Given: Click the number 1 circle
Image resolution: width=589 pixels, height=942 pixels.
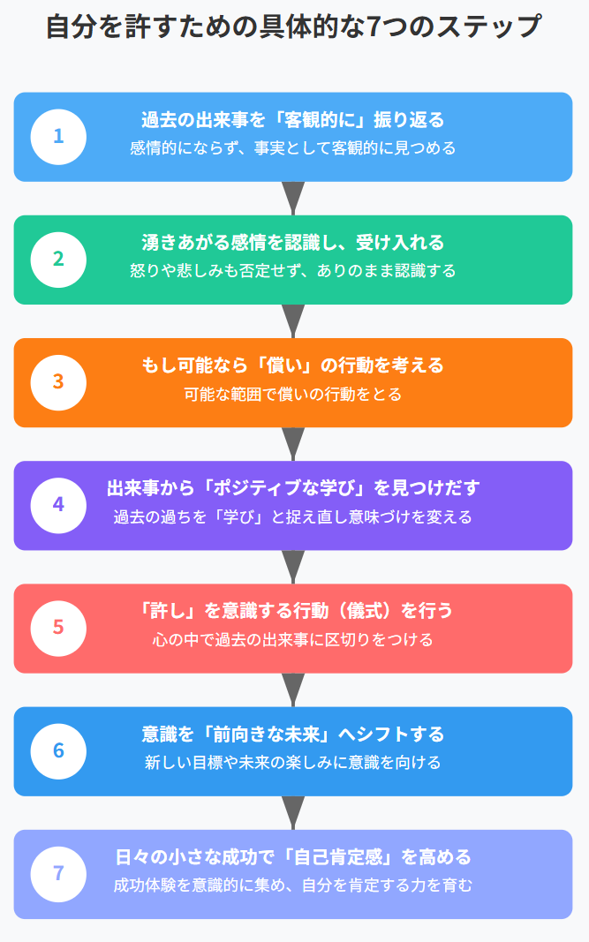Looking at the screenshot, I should point(58,137).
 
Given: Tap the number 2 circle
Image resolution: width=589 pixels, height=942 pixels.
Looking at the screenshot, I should point(58,260).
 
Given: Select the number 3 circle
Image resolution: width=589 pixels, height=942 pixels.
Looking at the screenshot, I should point(58,382).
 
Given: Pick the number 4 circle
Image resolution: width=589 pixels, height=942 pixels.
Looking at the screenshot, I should point(58,505).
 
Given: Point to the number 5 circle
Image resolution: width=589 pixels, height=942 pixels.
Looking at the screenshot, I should point(58,628).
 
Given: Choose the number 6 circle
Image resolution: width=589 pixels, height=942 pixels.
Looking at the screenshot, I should point(58,751).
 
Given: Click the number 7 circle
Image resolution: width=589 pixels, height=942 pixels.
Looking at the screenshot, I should point(58,874).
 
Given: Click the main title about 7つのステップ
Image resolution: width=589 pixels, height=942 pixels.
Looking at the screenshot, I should point(293,26).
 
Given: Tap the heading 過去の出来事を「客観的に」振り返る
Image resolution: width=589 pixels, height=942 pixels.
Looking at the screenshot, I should point(293,120).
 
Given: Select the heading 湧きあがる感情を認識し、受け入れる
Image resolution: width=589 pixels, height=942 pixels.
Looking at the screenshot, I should point(293,243).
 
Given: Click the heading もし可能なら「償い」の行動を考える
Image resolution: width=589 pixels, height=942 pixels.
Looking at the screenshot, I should point(293,365).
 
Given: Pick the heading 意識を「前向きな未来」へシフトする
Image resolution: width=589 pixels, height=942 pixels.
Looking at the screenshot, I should point(293,735).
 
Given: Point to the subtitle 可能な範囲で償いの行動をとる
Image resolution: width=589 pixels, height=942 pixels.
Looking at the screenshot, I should point(293,394).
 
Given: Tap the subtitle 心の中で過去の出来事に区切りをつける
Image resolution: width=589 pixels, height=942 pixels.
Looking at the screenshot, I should point(293,639).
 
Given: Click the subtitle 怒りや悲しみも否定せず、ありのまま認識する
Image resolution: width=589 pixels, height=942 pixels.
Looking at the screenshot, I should point(293,271).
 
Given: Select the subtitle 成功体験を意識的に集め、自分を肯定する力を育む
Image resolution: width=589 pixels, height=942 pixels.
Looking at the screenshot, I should point(293,885).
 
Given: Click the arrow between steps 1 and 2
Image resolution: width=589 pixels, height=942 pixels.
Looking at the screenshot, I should point(293,198).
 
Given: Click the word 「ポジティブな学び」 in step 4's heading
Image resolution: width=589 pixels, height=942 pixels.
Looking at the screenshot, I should point(282,488).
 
